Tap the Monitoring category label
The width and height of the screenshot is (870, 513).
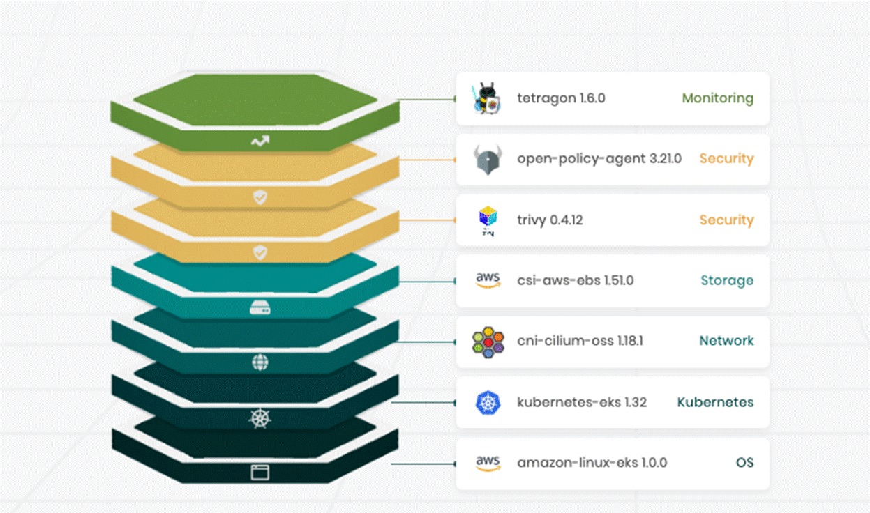(x=717, y=98)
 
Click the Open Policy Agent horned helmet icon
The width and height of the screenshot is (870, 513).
(x=486, y=160)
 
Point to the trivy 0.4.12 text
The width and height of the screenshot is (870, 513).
(x=550, y=220)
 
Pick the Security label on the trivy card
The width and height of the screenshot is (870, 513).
(x=726, y=220)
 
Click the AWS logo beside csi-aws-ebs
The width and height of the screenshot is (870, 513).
(x=488, y=280)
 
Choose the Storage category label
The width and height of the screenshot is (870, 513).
(x=727, y=281)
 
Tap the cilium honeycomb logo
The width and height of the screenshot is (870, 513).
(x=487, y=342)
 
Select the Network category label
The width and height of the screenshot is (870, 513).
(x=726, y=341)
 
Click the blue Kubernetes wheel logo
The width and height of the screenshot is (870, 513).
(x=488, y=402)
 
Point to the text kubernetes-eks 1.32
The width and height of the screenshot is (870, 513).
(x=582, y=402)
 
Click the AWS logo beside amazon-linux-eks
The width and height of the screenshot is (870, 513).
(x=488, y=463)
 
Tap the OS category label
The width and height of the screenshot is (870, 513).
(x=744, y=463)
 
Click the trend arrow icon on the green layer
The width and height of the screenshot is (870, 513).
(x=260, y=141)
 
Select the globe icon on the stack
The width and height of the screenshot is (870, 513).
(x=260, y=362)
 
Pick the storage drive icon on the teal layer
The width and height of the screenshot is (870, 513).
(x=260, y=307)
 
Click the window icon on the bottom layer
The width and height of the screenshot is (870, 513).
(x=260, y=473)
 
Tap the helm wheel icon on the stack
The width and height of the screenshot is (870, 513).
(x=260, y=418)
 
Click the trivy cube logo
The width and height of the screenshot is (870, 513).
(x=487, y=220)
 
